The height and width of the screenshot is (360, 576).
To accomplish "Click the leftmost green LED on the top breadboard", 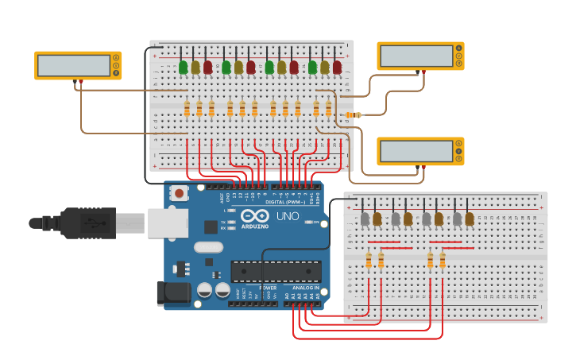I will (184, 68).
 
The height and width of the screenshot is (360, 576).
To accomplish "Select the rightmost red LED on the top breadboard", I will (337, 68).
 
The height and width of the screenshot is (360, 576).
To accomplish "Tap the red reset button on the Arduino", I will (180, 192).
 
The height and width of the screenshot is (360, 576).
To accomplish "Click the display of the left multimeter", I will (74, 65).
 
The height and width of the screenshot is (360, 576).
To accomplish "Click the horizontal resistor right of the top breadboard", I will (354, 115).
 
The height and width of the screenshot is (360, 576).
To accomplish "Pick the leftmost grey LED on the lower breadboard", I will (365, 218).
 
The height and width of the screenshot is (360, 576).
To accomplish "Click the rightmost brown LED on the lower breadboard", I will (470, 218).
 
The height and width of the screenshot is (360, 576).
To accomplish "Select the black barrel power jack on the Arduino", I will (175, 292).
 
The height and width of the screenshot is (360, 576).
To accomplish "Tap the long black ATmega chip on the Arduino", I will (276, 271).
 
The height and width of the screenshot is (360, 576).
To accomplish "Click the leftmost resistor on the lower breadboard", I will (369, 260).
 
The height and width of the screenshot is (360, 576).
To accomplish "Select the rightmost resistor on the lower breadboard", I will (443, 260).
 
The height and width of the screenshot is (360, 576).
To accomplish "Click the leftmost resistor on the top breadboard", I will (187, 109).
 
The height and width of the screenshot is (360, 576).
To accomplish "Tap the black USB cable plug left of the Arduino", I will (87, 223).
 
